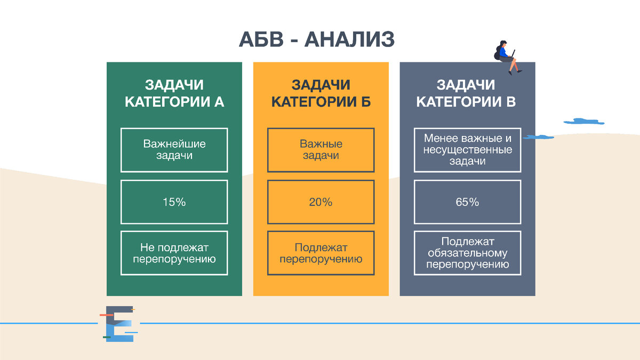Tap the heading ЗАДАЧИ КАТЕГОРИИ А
174,93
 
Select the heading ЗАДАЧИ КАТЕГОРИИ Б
321,93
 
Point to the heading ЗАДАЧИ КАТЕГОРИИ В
466,93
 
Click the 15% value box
174,202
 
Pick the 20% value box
321,202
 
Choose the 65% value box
467,202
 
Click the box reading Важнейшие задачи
174,150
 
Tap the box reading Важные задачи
321,150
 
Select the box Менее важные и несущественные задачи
467,150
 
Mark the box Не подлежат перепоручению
174,253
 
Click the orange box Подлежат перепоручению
321,253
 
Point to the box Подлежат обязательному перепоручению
467,253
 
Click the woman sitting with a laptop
506,57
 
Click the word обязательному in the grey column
467,253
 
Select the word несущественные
467,150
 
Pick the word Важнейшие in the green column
174,144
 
